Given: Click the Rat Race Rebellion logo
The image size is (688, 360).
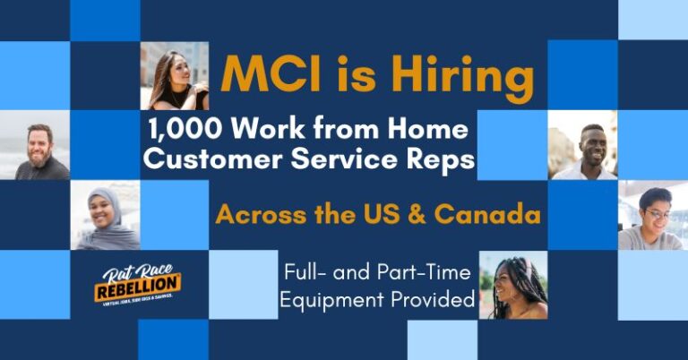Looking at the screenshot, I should click(x=137, y=286).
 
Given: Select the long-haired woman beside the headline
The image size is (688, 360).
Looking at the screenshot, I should click(x=174, y=76).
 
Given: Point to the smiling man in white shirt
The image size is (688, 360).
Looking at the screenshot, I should click(x=582, y=145).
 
